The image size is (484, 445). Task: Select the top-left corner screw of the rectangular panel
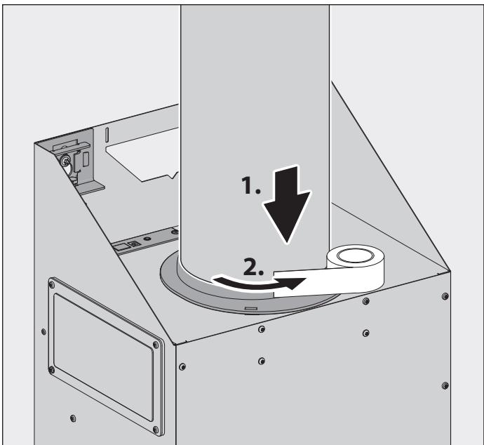[51, 286]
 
